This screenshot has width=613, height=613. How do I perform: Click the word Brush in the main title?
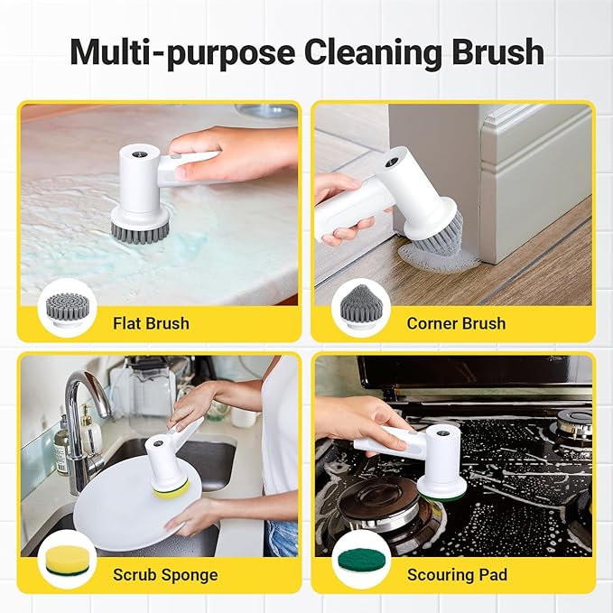click(495, 51)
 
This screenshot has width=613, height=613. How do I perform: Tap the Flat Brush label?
click(151, 322)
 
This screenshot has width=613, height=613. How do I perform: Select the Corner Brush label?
click(456, 322)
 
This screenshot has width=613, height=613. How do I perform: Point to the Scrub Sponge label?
click(164, 574)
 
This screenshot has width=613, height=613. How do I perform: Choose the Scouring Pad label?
click(458, 574)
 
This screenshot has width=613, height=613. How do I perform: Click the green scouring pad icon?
click(358, 559)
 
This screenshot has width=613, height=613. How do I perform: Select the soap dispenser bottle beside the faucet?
click(61, 446)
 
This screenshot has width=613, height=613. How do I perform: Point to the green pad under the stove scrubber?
click(441, 492)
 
